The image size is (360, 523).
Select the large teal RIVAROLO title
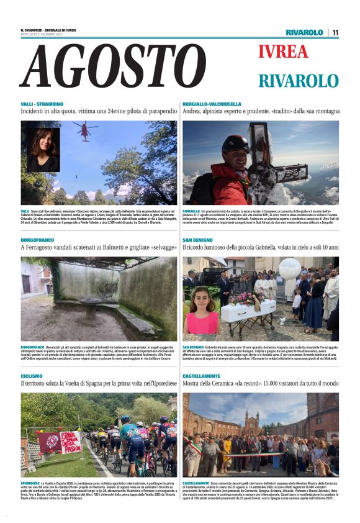pos(299,81)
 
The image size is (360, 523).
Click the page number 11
pos(335,32)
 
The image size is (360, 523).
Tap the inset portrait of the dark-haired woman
pos(43,150)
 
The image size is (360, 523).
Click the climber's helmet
pos(235,144)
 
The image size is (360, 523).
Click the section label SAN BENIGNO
pos(198,240)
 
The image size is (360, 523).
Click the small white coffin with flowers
pos(248,308)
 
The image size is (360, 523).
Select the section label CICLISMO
pos(32,376)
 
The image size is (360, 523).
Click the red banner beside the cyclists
pos(62,442)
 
